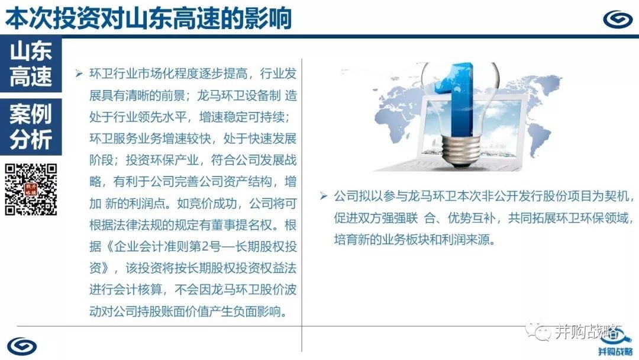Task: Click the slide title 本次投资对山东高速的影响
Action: (149, 18)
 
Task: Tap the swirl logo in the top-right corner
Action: (617, 19)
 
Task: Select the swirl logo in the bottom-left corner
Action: (22, 346)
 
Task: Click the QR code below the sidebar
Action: (31, 189)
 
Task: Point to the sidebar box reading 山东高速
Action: (31, 63)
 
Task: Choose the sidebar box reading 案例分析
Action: (31, 127)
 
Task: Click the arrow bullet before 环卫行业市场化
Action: (79, 74)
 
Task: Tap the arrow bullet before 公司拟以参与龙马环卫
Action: (324, 197)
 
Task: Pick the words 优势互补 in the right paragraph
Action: (472, 218)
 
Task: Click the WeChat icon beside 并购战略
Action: (537, 330)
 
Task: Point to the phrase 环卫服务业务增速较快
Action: (150, 139)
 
